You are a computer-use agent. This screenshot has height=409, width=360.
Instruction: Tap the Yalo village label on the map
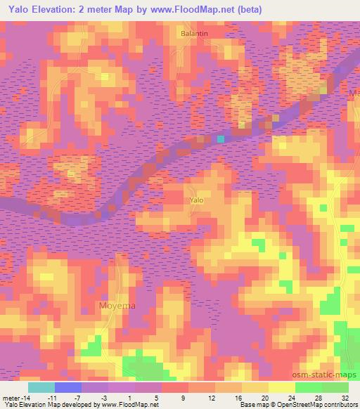click(196, 200)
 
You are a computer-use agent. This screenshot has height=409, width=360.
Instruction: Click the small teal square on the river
click(220, 139)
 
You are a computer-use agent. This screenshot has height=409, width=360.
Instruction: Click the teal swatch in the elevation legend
click(41, 387)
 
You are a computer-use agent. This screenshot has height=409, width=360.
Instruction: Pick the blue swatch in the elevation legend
click(67, 387)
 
